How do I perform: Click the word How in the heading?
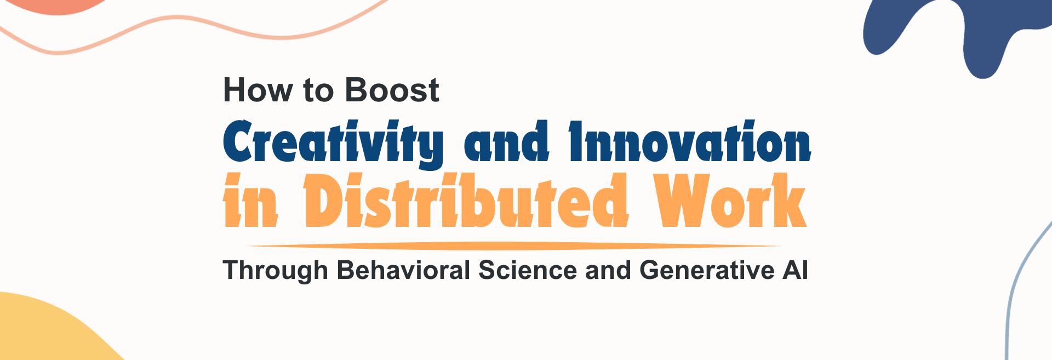[x=258, y=90]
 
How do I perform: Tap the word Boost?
[x=392, y=90]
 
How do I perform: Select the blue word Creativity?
[x=333, y=142]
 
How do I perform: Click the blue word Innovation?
[x=690, y=141]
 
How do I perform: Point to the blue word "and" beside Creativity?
[x=506, y=141]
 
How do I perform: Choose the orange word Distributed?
[x=466, y=200]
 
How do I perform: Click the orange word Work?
[x=730, y=200]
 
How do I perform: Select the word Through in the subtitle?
[x=275, y=271]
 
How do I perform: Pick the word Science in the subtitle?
[x=527, y=270]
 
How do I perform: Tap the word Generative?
[x=707, y=270]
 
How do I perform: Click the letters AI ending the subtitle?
[x=796, y=270]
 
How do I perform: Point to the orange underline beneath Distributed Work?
[x=514, y=246]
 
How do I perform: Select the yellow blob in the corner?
[x=44, y=332]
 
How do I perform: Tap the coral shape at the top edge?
[x=58, y=5]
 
